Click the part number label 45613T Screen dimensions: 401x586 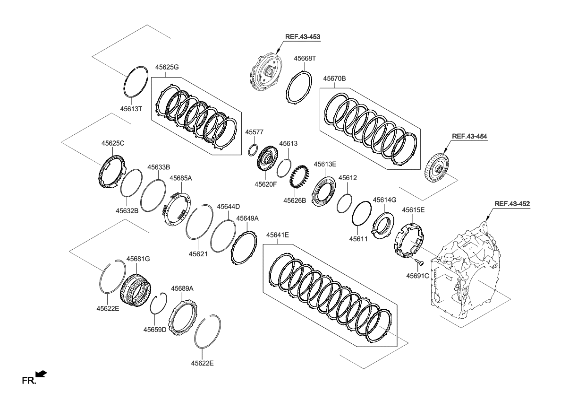point(131,109)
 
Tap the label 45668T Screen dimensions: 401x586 point(305,59)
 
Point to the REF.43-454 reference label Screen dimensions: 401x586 point(469,136)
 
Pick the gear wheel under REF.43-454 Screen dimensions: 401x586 point(438,169)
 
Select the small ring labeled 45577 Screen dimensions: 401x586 point(253,150)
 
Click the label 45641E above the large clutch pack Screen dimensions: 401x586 point(277,235)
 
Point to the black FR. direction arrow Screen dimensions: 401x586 point(42,374)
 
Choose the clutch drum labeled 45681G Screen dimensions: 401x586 point(136,288)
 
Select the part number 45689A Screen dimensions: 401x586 point(182,288)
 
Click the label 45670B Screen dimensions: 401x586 point(334,78)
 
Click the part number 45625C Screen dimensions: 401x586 point(113,143)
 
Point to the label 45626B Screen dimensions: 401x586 point(295,200)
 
